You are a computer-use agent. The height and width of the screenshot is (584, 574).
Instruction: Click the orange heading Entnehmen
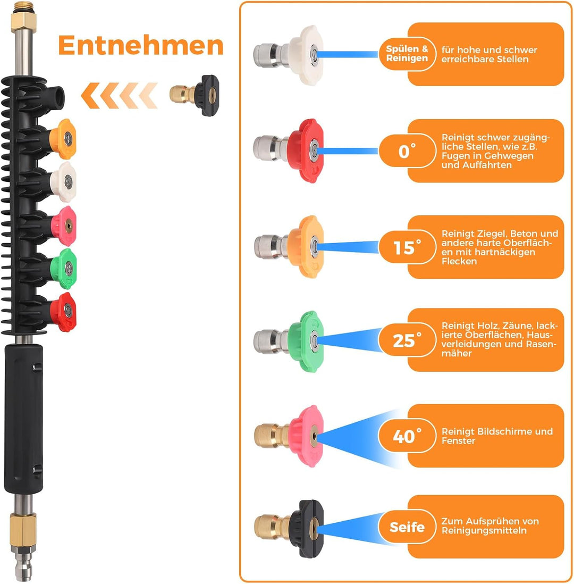point(141,45)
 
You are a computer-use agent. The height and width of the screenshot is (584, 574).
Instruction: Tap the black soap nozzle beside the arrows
point(195,95)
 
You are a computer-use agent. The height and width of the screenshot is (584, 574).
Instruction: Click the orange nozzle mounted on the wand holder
point(63,139)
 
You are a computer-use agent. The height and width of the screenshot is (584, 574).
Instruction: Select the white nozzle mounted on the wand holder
point(63,182)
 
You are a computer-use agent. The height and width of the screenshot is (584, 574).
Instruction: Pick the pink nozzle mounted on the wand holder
point(64,226)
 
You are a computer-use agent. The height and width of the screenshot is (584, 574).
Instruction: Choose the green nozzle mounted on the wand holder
point(64,269)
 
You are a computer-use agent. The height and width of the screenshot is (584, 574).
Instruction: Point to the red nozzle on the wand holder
point(63,312)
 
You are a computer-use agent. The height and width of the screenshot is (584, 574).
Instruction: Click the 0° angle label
point(407,151)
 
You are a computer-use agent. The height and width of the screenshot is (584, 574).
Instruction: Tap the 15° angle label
point(407,247)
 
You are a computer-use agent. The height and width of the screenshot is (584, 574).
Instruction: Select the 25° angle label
point(407,340)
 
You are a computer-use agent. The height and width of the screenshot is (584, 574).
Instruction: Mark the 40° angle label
point(407,436)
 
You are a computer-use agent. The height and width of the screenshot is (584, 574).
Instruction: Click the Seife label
point(407,527)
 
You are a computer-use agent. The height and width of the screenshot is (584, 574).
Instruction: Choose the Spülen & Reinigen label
point(407,54)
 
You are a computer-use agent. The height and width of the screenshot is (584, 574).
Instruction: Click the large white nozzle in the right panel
point(289,55)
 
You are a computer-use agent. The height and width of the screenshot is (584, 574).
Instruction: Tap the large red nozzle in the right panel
point(289,151)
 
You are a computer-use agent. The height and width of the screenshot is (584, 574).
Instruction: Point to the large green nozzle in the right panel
point(289,341)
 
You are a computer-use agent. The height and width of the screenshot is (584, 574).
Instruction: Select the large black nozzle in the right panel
point(289,529)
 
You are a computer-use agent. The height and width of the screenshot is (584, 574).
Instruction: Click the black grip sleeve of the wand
point(23,419)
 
